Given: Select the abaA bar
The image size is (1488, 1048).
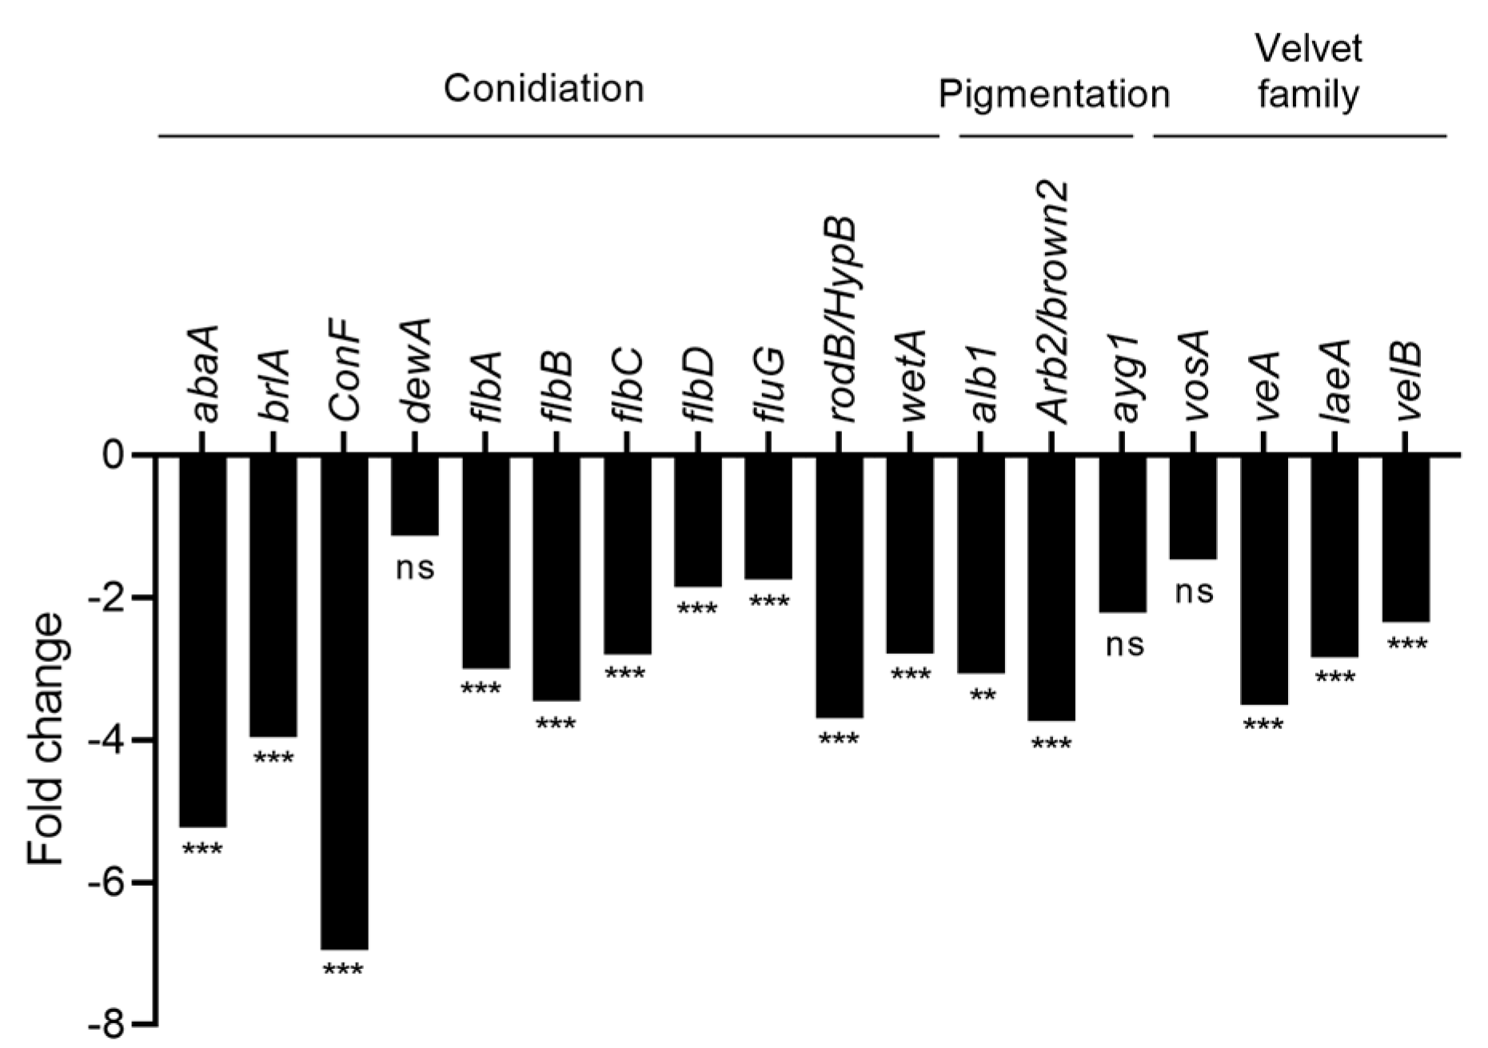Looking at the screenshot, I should tap(202, 640).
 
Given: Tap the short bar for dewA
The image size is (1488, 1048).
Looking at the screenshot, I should tap(414, 496).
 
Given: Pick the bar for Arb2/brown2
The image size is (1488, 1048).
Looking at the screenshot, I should tap(1051, 588).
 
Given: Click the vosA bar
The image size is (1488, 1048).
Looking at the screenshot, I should tap(1193, 508).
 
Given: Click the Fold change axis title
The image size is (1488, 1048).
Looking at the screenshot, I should tap(46, 739).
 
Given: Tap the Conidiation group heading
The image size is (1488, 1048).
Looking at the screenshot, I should tap(544, 89).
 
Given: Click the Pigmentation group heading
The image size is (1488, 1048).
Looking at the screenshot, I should tap(1054, 94).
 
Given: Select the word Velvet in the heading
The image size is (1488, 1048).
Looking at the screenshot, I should tap(1308, 50).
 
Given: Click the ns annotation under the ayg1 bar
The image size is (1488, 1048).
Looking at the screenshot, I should tap(1124, 644).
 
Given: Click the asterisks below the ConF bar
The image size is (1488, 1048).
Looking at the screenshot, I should tap(344, 971).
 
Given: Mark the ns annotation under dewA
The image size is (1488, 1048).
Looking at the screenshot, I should tap(415, 568).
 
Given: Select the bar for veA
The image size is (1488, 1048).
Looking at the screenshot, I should tap(1264, 580).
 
